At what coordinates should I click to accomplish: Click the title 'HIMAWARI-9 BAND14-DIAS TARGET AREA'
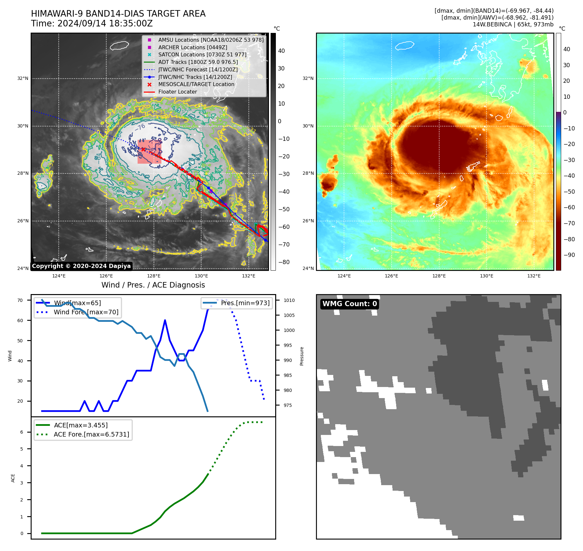[x=118, y=14]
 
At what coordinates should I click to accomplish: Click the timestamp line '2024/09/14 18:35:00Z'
[x=105, y=23]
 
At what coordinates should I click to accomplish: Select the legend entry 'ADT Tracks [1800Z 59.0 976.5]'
[x=198, y=62]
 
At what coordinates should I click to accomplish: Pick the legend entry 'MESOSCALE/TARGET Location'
[x=196, y=84]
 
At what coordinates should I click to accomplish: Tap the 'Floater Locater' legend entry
[x=177, y=92]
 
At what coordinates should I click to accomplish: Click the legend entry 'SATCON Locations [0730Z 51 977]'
[x=202, y=54]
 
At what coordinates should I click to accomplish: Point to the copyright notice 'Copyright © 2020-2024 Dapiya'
[x=81, y=266]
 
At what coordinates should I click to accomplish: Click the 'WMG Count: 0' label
[x=350, y=304]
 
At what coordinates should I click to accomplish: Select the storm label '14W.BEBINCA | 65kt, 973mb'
[x=513, y=24]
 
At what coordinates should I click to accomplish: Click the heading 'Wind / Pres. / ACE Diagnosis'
[x=153, y=285]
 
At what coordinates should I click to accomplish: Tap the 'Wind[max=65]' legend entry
[x=77, y=303]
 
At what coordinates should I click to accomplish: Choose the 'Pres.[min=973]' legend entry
[x=245, y=303]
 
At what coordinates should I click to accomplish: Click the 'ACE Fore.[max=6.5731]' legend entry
[x=91, y=434]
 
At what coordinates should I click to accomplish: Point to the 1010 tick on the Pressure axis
[x=289, y=300]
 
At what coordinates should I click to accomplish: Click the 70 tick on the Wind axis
[x=20, y=300]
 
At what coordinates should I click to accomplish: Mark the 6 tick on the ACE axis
[x=22, y=432]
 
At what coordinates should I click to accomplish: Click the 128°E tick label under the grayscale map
[x=154, y=276]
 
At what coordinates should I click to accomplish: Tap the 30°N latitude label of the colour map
[x=308, y=126]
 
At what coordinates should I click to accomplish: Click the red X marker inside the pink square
[x=143, y=149]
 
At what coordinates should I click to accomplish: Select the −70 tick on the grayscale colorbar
[x=284, y=244]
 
